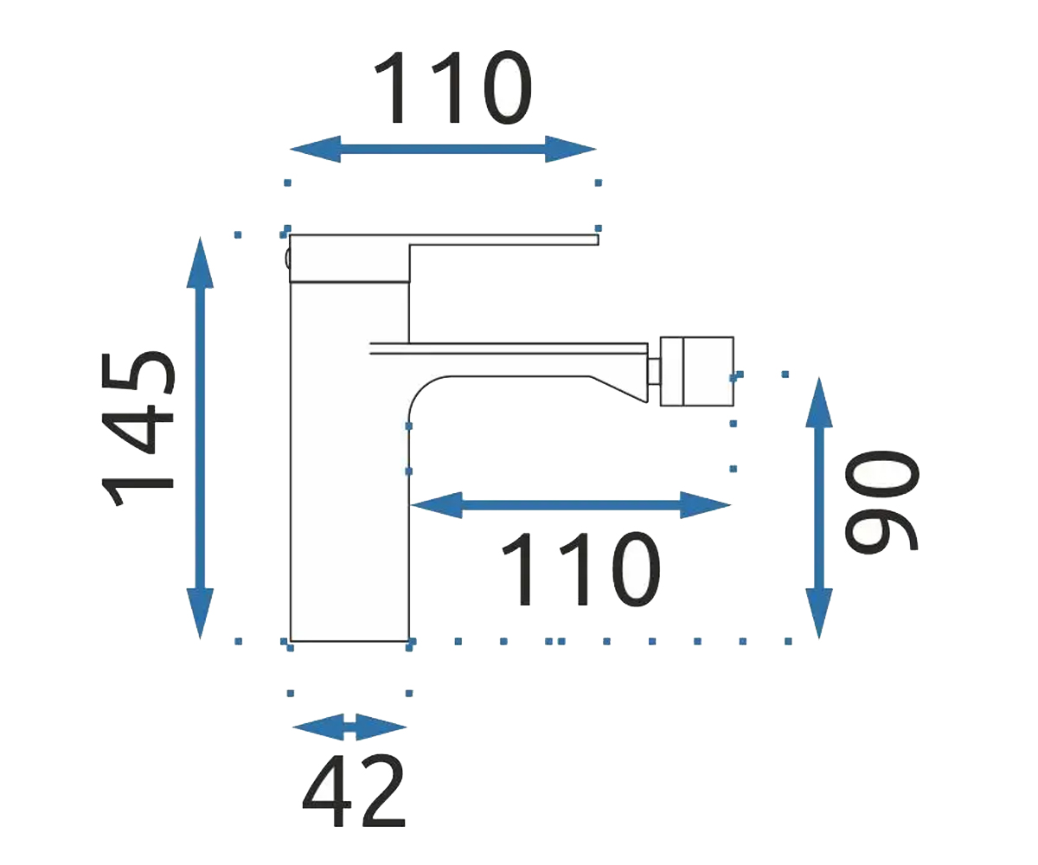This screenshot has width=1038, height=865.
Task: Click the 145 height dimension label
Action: point(138,428)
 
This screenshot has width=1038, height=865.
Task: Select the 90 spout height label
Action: point(881,501)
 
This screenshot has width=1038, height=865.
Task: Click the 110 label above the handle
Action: point(453,88)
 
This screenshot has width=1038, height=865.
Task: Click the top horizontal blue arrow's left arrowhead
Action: point(315,149)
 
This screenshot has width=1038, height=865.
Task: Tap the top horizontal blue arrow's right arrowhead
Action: point(571,149)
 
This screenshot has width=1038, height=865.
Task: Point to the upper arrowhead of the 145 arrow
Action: point(201,262)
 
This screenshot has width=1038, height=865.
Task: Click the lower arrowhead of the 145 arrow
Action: point(201,613)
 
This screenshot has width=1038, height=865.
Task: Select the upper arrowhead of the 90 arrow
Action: point(819,402)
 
